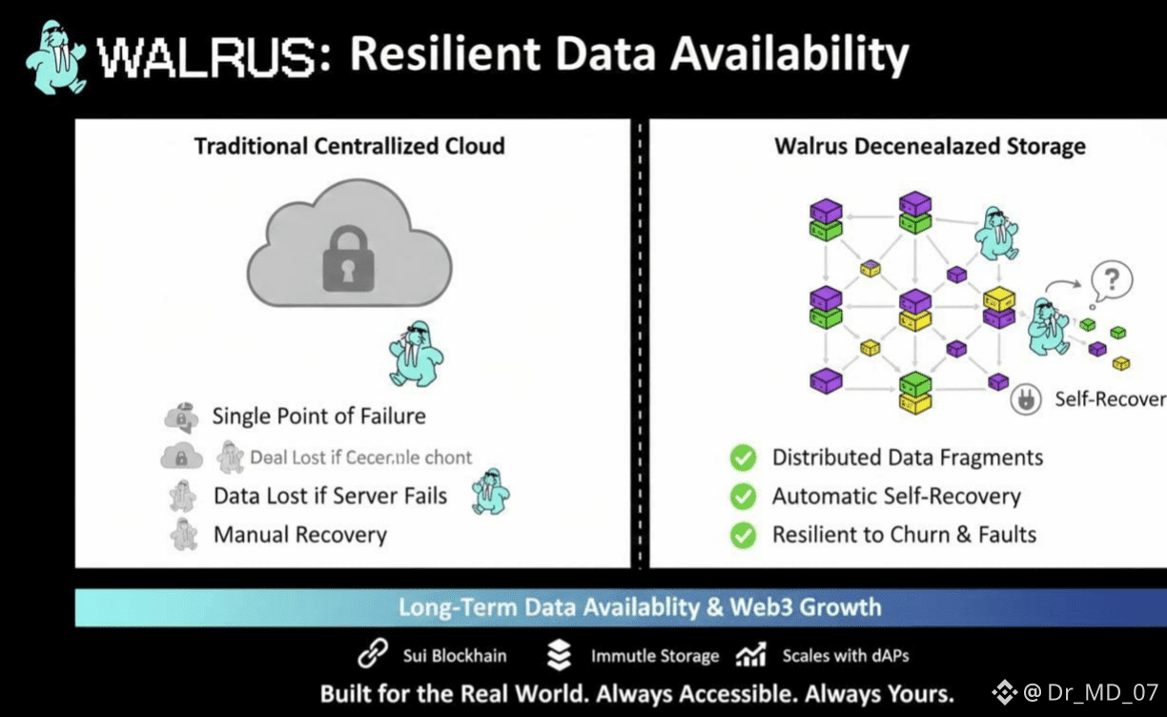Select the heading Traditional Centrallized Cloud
click(x=349, y=146)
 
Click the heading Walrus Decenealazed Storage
click(x=930, y=146)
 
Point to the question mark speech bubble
click(x=1113, y=280)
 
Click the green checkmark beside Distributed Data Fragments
click(x=743, y=459)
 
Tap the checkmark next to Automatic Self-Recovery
click(x=743, y=497)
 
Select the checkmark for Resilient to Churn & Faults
click(x=743, y=535)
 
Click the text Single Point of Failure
click(x=318, y=417)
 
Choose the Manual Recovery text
click(x=299, y=535)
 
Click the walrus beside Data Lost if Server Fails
click(x=491, y=492)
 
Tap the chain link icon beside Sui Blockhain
click(x=372, y=655)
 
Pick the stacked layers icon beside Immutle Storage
click(x=560, y=655)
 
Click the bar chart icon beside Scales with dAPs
click(x=751, y=655)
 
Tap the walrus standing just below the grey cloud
click(x=417, y=352)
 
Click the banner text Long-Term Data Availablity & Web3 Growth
click(x=639, y=607)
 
